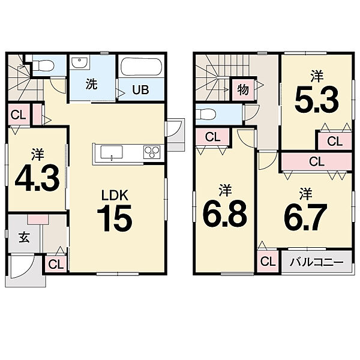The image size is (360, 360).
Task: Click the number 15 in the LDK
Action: tap(115, 218)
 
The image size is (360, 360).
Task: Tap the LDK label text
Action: tap(115, 196)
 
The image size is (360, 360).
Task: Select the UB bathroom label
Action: tap(140, 90)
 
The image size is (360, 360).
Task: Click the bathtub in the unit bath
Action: tap(141, 67)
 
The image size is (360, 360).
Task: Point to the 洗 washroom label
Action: tap(92, 84)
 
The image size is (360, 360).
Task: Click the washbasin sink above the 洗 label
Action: tap(79, 62)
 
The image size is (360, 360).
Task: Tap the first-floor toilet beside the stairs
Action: tap(43, 65)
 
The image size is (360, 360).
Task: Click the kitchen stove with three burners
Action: tap(152, 152)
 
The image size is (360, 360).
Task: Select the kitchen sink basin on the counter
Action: tap(112, 152)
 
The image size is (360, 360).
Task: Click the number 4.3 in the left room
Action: tap(37, 178)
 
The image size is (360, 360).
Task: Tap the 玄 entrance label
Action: tap(25, 238)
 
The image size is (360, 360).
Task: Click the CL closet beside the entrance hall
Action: tap(56, 264)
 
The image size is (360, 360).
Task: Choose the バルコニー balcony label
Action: tap(317, 262)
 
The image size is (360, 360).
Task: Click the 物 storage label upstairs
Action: tap(243, 89)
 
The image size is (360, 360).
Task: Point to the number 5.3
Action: tap(317, 100)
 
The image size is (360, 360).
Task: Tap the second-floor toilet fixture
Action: tap(206, 114)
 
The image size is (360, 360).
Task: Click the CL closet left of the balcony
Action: tap(268, 261)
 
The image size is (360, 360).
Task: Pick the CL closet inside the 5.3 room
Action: tap(335, 142)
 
